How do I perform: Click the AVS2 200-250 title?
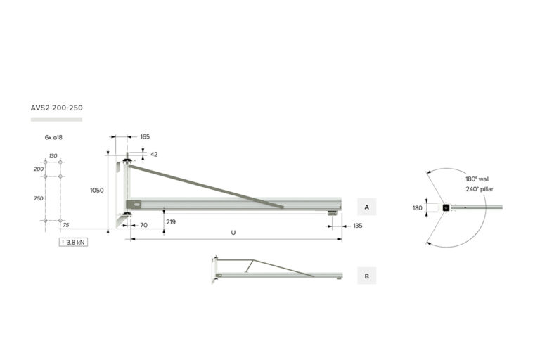point(56,108)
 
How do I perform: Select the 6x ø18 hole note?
point(53,137)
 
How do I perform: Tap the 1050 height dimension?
point(97,190)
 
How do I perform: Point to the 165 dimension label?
point(145,137)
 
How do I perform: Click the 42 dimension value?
point(154,154)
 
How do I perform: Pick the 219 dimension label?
point(171,222)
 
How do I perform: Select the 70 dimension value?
point(144,225)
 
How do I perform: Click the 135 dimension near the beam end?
point(358,226)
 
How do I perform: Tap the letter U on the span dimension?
point(233,233)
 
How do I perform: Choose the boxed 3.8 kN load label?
point(73,242)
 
